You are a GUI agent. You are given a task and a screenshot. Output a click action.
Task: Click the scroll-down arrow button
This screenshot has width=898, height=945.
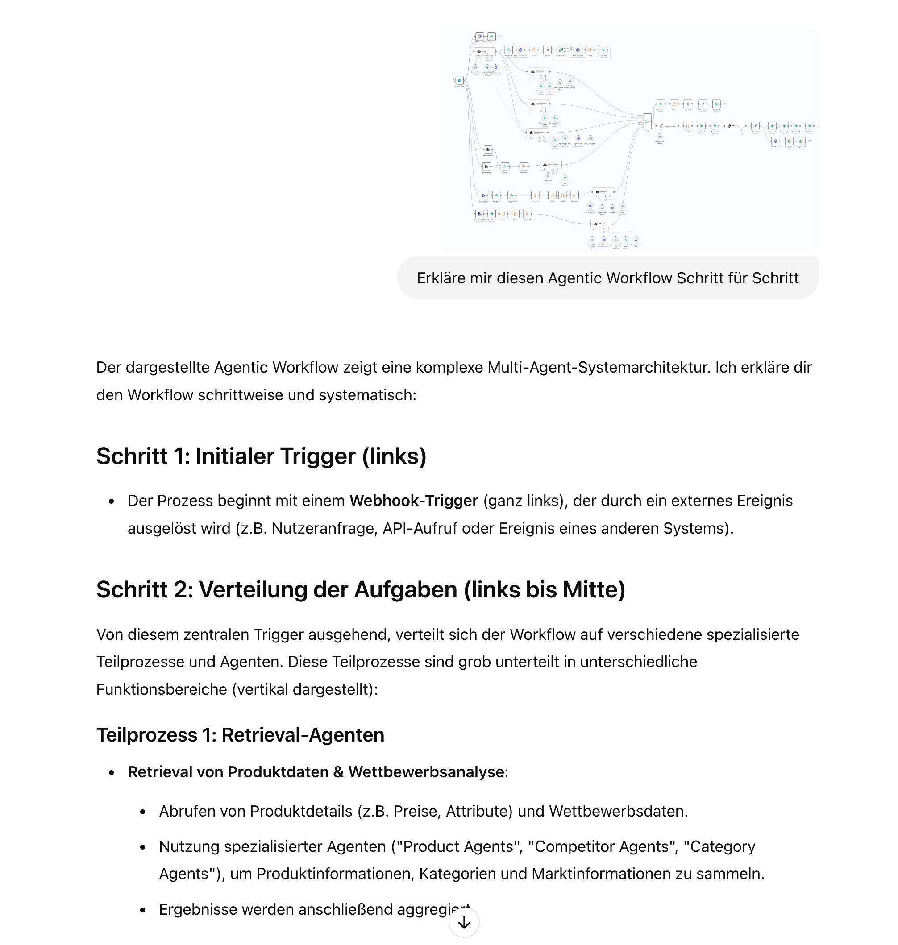point(463,922)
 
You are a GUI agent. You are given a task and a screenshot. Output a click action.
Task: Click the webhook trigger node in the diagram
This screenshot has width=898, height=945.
point(460,80)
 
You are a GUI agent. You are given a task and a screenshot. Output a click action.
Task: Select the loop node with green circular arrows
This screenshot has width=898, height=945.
point(561,50)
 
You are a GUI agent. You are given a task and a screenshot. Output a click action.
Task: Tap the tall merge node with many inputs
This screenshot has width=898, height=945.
point(647,121)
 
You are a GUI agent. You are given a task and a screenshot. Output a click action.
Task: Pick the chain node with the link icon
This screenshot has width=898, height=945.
point(661,126)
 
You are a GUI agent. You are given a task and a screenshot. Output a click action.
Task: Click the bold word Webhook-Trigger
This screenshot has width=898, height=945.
point(414,501)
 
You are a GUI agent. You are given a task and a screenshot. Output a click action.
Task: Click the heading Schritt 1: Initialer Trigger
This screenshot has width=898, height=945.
point(261,456)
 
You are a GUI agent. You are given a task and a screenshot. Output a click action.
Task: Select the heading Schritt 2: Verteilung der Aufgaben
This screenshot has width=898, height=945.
point(361,589)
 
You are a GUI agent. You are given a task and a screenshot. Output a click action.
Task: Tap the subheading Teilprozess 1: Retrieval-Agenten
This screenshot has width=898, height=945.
point(240,735)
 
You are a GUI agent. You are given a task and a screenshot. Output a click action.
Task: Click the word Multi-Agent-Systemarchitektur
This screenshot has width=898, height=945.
point(599,367)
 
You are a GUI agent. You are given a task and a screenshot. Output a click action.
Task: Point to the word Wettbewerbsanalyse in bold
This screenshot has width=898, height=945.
point(426,772)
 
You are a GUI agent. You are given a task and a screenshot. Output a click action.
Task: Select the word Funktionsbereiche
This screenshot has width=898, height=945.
point(161,689)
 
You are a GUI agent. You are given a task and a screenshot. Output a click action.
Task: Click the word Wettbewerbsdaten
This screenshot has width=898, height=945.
point(618,811)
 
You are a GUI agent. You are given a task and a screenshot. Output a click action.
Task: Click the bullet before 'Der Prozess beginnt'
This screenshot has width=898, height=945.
point(112,502)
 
